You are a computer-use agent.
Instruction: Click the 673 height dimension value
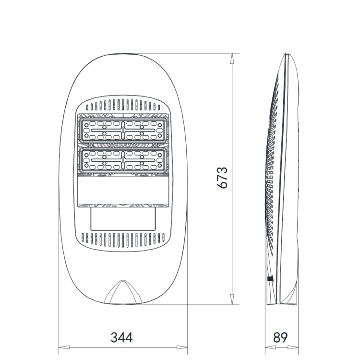point(222,178)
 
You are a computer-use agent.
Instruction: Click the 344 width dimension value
point(122,337)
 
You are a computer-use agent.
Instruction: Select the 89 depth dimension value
point(280,337)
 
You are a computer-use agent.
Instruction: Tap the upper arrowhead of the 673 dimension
point(232,58)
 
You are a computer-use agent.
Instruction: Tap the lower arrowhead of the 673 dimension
point(232,300)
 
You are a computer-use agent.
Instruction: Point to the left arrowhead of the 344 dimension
point(64,348)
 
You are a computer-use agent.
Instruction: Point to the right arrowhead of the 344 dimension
point(182,348)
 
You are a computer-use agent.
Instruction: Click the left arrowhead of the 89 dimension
point(270,348)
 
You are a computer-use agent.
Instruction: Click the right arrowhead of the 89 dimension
point(293,348)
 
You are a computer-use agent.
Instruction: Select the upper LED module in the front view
point(123,131)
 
